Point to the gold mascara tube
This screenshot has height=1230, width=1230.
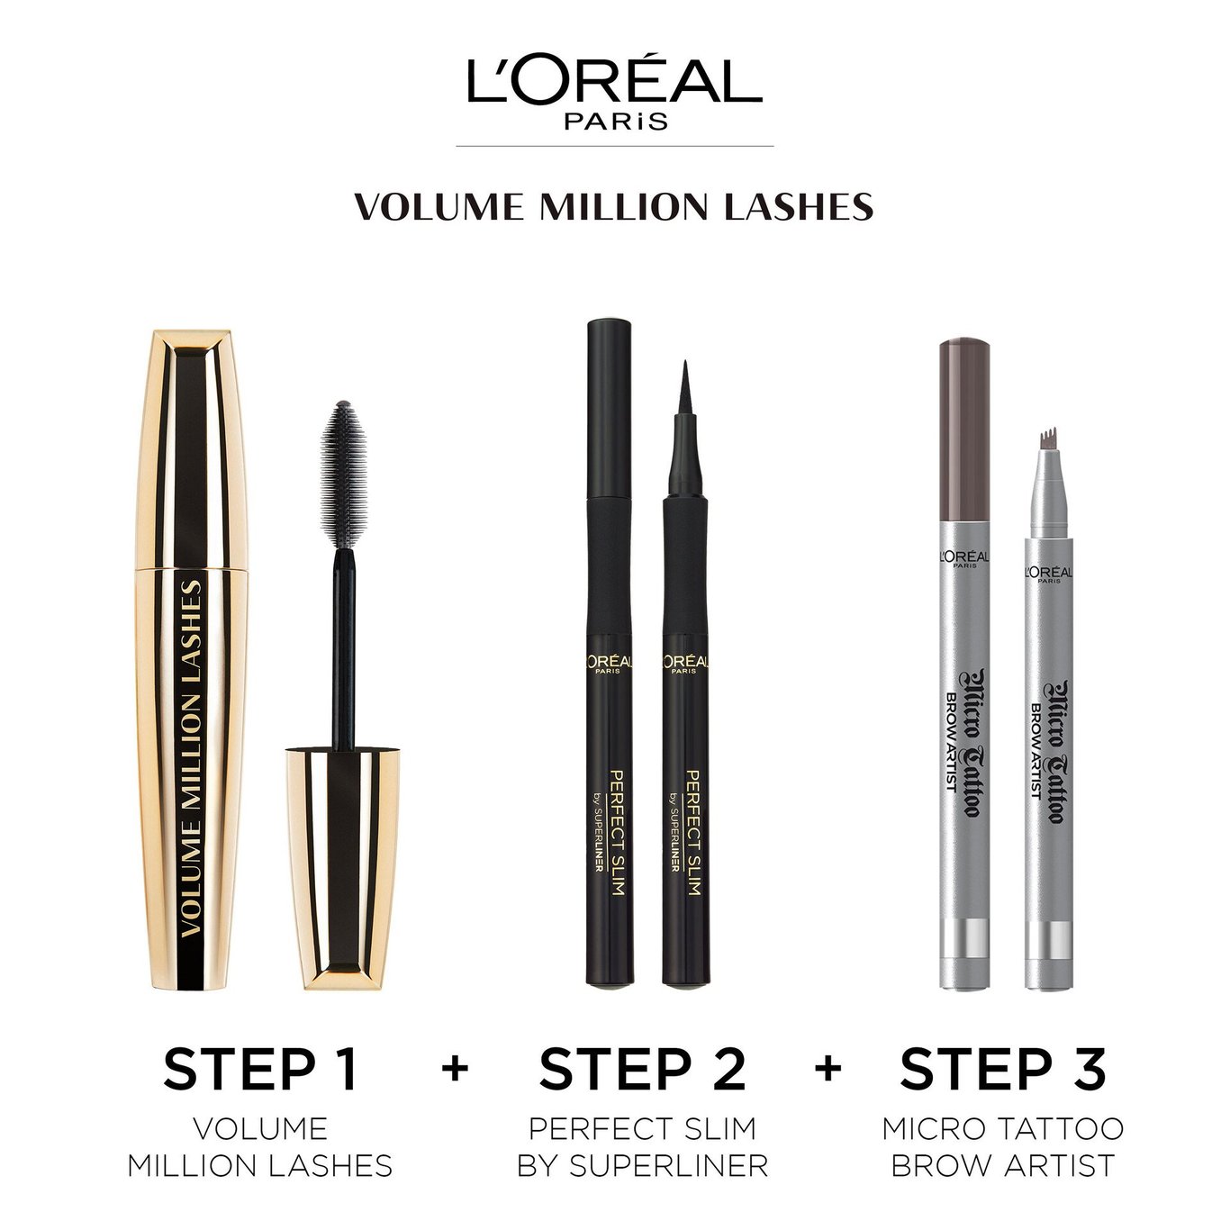[x=192, y=660]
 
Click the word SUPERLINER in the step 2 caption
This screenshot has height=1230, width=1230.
[x=668, y=1166]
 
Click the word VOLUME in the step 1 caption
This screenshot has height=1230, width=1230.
[x=260, y=1128]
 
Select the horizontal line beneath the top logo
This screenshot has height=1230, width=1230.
[x=615, y=146]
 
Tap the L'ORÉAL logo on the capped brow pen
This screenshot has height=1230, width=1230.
[x=963, y=559]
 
